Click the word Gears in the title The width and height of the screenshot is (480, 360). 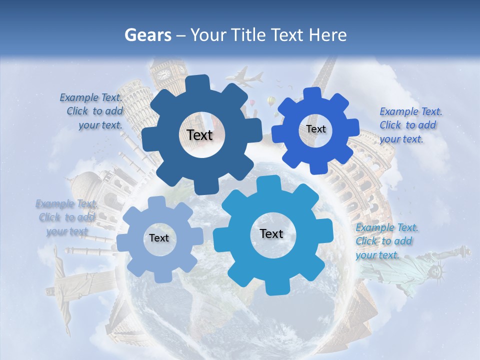pyautogui.click(x=147, y=35)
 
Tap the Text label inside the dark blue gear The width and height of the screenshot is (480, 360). pyautogui.click(x=199, y=135)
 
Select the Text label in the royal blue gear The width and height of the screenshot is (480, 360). pyautogui.click(x=316, y=129)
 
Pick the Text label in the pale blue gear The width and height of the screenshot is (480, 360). pyautogui.click(x=159, y=238)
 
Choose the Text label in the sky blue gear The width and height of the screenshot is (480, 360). pyautogui.click(x=271, y=233)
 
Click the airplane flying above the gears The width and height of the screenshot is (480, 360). pyautogui.click(x=245, y=77)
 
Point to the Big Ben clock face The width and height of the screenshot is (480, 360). pyautogui.click(x=163, y=74)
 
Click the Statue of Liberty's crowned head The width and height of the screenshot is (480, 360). pyautogui.click(x=438, y=270)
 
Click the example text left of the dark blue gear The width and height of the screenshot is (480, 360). pyautogui.click(x=92, y=111)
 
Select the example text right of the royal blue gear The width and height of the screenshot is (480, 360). pyautogui.click(x=409, y=125)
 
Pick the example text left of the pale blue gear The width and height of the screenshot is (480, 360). pyautogui.click(x=66, y=217)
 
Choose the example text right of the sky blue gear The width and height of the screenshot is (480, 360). pyautogui.click(x=385, y=241)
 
